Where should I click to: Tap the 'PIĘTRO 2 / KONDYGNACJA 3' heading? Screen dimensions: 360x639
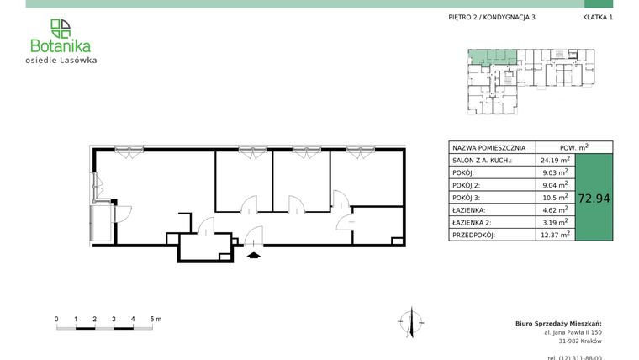(x=492, y=17)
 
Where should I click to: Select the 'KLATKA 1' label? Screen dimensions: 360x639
(x=598, y=17)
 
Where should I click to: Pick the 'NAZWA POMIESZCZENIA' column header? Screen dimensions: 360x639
(x=489, y=146)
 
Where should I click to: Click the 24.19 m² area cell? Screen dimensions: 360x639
(x=555, y=160)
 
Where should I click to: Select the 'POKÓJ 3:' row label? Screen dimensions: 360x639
(x=467, y=198)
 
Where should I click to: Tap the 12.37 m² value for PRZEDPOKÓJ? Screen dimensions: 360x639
(x=555, y=235)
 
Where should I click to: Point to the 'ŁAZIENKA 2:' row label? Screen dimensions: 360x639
(x=473, y=223)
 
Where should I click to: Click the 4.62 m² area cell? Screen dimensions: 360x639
(x=555, y=210)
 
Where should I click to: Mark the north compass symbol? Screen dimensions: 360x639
(x=407, y=320)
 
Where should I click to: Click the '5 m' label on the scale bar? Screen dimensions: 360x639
(x=156, y=320)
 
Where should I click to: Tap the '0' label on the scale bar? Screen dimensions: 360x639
(x=56, y=320)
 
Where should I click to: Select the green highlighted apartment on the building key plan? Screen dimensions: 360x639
(x=492, y=58)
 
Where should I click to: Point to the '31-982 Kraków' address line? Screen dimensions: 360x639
(x=580, y=341)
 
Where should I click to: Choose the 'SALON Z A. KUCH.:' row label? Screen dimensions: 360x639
(x=482, y=160)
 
